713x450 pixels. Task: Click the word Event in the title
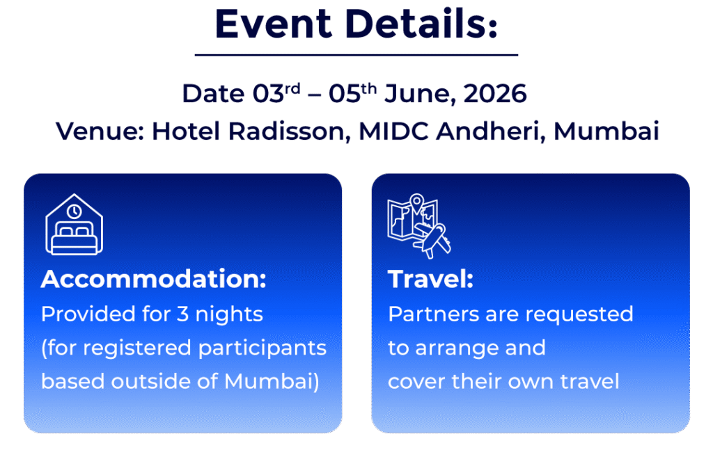273,24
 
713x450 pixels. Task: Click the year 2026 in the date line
495,93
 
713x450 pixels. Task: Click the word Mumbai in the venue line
606,131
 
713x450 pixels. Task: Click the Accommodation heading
154,279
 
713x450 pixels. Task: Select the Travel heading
430,279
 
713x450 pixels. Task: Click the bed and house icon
74,225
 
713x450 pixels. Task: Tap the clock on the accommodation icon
74,211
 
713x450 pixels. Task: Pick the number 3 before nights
183,314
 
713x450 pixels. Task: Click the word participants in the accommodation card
263,348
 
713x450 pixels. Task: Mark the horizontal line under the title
356,55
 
